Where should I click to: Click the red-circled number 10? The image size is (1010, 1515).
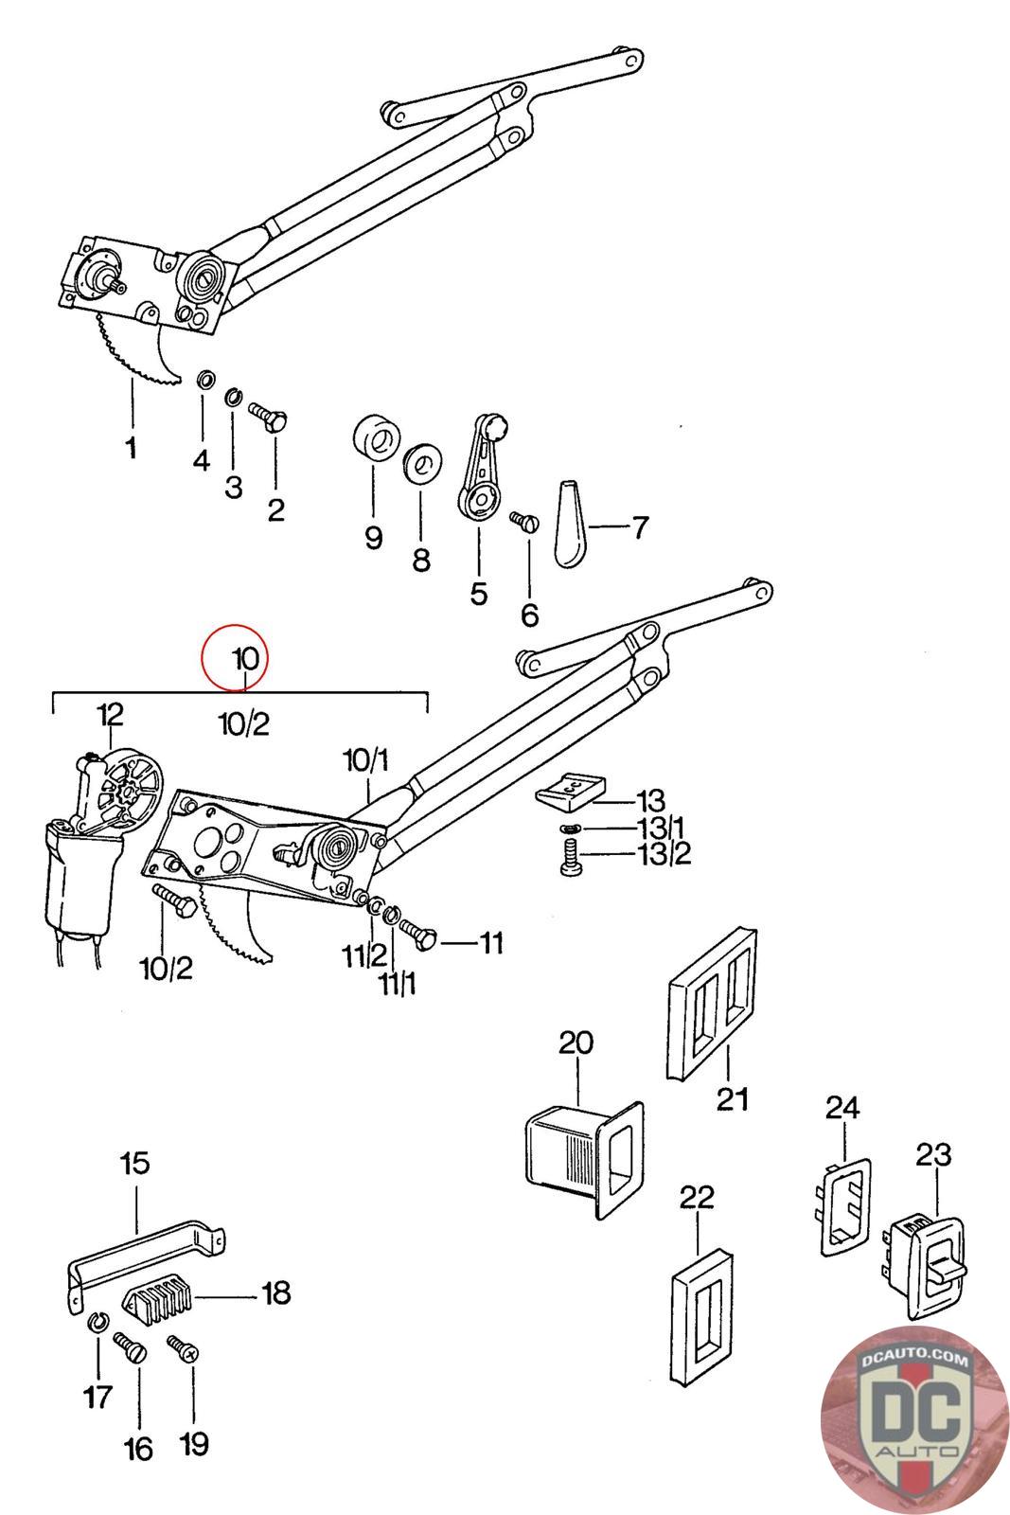point(245,655)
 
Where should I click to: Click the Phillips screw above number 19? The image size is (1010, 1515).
point(181,1347)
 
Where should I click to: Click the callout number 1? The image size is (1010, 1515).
point(131,447)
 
